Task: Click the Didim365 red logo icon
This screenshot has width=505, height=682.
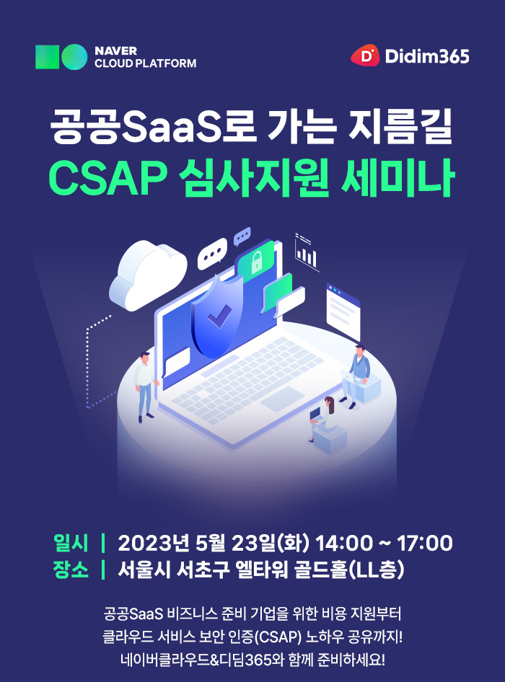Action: [x=365, y=56]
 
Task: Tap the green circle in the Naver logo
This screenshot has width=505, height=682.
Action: [x=74, y=57]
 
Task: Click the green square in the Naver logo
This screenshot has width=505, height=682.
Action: [x=47, y=57]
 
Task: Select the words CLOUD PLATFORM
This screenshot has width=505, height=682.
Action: [x=145, y=63]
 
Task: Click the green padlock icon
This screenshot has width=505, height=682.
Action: [x=255, y=263]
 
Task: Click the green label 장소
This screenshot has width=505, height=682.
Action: [x=71, y=570]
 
